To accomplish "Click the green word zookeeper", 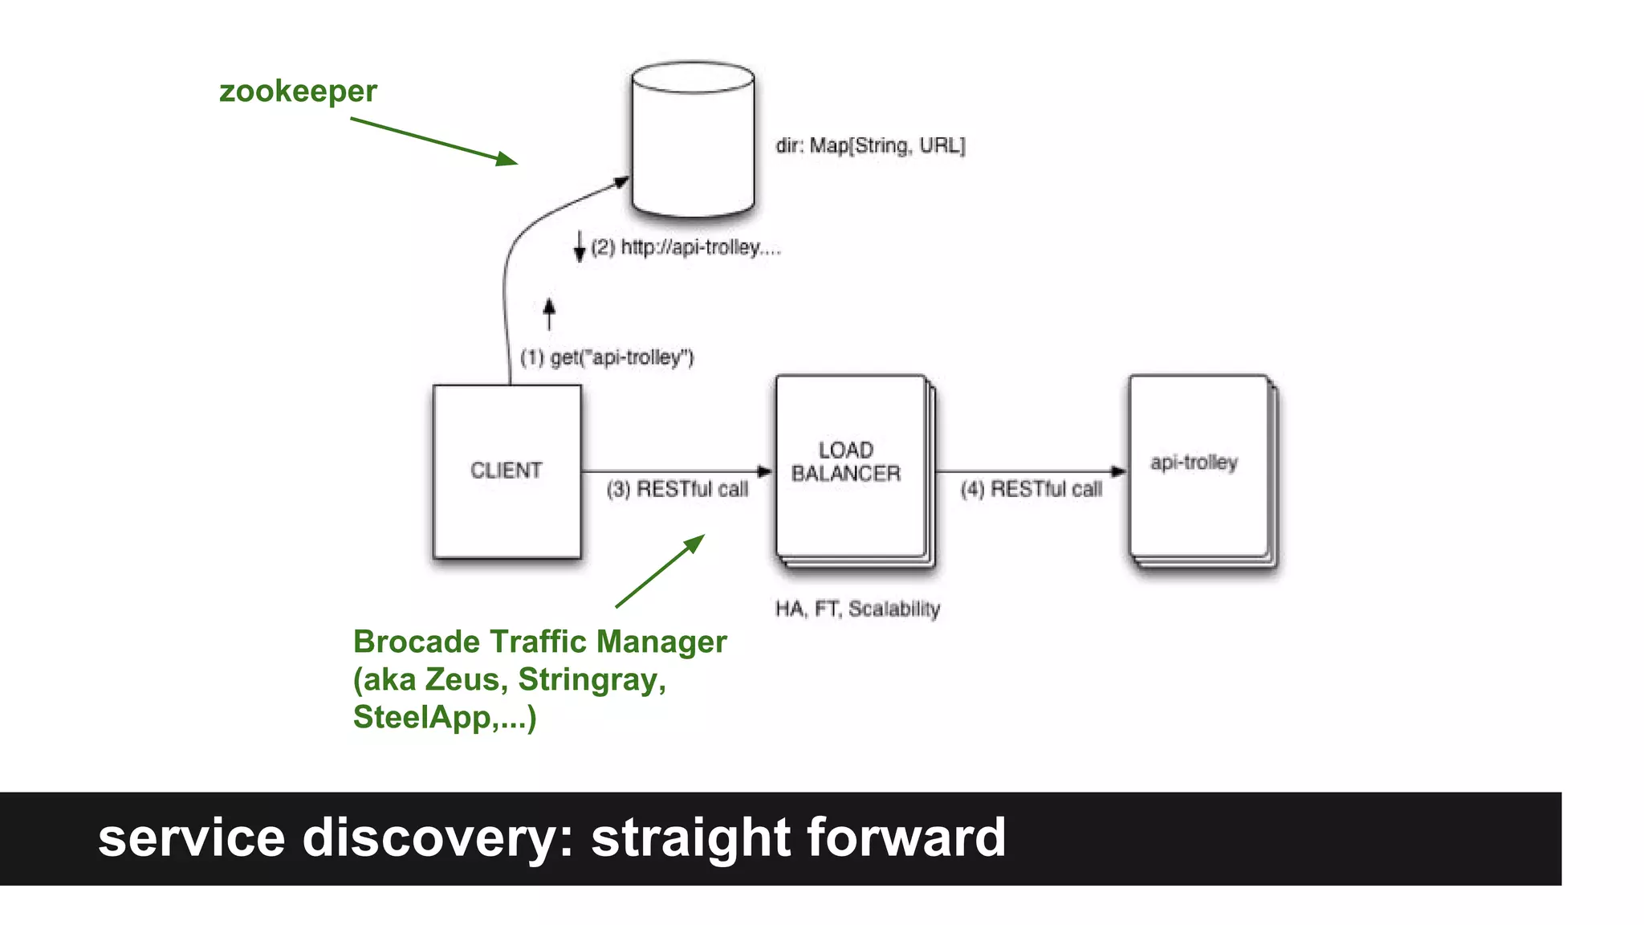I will pos(298,92).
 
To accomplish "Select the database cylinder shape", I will pos(692,141).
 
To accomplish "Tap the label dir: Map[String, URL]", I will pos(870,146).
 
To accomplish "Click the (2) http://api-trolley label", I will pos(686,247).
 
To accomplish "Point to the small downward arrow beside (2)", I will pos(580,247).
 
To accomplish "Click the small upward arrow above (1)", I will pos(549,314).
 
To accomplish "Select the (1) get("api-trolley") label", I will pos(607,357).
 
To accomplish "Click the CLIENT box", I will pos(507,471).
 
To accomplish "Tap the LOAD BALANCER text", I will pos(846,462).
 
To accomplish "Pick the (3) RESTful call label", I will pos(677,489).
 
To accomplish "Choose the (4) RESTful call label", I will pos(1031,489).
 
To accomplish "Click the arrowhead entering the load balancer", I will pos(765,471).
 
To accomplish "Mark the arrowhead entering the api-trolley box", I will pos(1118,471).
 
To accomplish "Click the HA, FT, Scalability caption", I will pos(857,609).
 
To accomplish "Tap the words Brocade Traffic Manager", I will pos(539,642).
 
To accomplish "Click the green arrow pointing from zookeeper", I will pos(433,141).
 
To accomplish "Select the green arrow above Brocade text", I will pos(660,571).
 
